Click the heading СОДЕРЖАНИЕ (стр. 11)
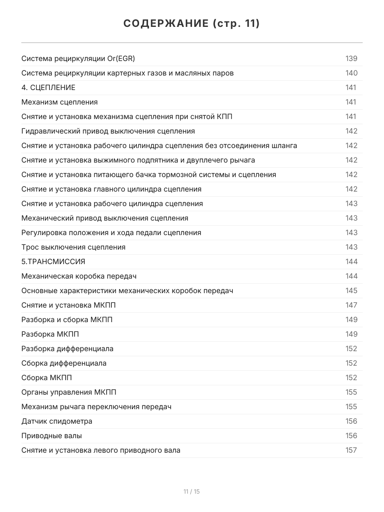point(192,24)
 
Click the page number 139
point(351,58)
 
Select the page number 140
point(351,73)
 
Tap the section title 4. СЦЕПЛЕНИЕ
point(48,87)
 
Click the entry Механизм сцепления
point(59,102)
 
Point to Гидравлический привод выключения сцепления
point(108,131)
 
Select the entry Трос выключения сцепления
point(73,247)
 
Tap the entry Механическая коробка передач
point(79,276)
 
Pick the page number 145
point(351,291)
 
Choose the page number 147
point(351,305)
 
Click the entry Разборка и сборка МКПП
point(67,320)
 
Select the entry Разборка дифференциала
point(67,349)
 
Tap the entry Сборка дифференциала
point(64,363)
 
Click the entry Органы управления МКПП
point(69,392)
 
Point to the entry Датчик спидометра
point(57,421)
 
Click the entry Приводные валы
point(52,436)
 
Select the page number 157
point(351,450)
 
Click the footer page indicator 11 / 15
point(192,492)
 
